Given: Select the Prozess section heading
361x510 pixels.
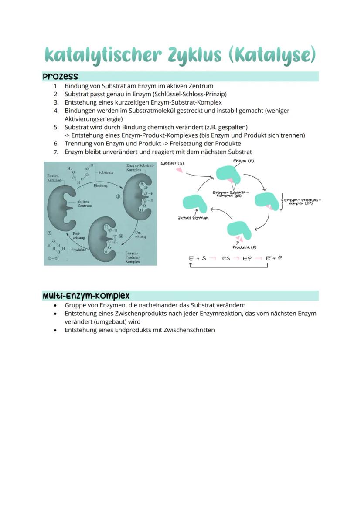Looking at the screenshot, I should point(60,77).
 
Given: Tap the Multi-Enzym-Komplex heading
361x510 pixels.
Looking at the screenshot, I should point(86,296).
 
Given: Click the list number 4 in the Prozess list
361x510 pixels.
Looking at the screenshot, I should point(56,111).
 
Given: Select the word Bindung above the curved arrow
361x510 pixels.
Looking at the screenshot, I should point(100,186).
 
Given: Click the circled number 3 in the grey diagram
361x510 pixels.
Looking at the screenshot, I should point(118,196).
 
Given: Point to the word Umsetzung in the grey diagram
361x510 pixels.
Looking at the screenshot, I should point(141,234).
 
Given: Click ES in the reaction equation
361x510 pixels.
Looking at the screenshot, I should point(226,258).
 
